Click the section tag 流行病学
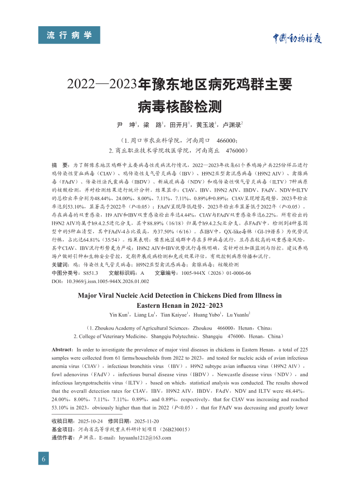click(x=69, y=35)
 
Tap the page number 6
click(x=44, y=459)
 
